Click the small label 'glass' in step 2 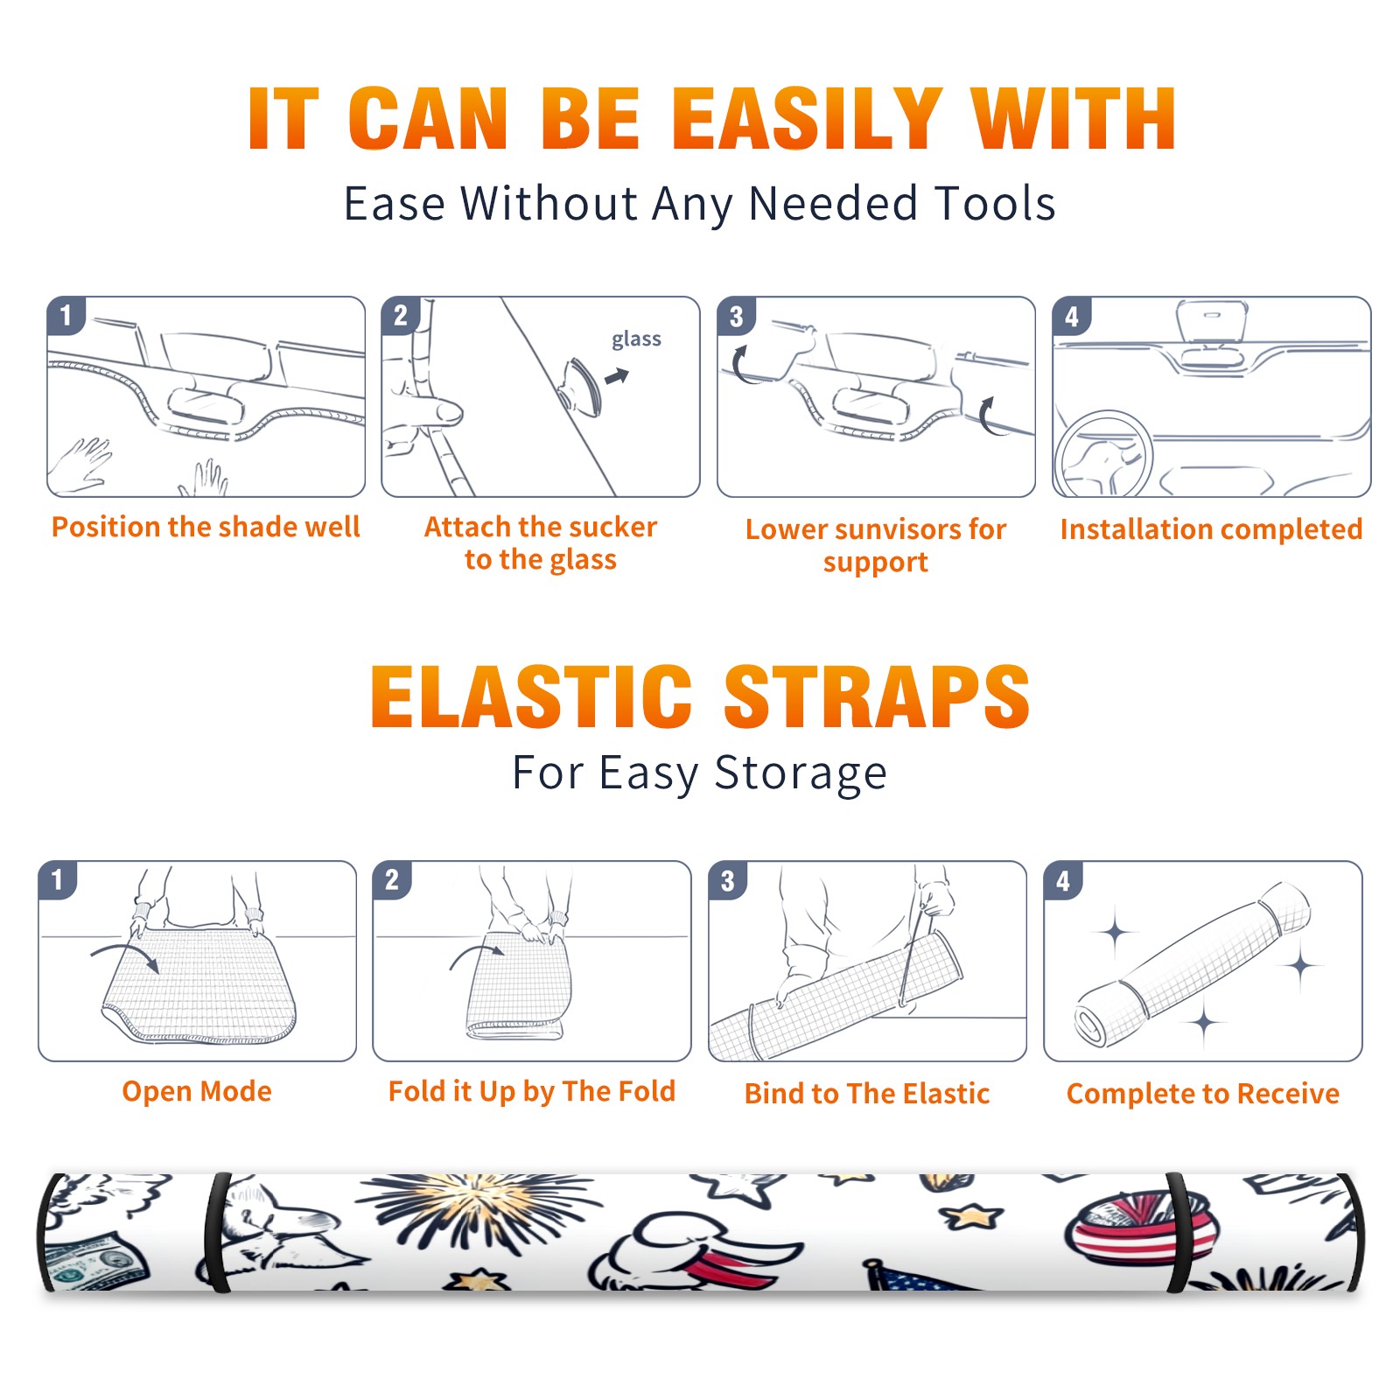click(636, 339)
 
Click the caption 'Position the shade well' click(206, 527)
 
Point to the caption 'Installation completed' click(1211, 528)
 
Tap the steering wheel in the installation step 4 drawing click(1103, 454)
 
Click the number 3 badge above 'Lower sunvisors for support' click(736, 316)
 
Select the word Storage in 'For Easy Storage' click(801, 773)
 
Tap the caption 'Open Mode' click(197, 1091)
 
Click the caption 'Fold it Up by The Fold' click(532, 1091)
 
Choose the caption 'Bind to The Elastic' click(867, 1093)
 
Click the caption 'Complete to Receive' click(1203, 1094)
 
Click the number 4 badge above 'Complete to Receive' click(1063, 880)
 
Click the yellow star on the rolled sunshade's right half click(971, 1215)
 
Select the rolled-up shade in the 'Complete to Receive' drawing click(1192, 966)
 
